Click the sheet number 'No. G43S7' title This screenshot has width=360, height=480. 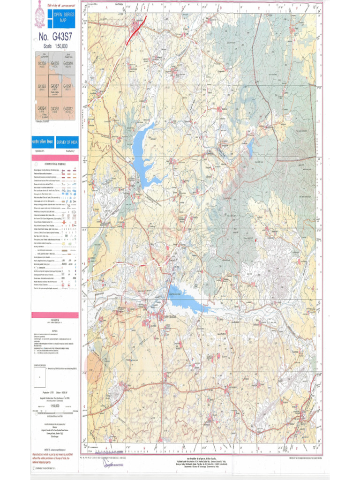54,37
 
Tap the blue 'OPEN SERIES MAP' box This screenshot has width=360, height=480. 60,18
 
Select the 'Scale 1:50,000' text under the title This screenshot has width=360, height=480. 55,46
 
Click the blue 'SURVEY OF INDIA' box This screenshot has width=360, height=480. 67,142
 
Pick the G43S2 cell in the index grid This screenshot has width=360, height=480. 41,65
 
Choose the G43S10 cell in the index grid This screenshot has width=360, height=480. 68,65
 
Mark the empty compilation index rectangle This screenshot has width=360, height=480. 40,375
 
